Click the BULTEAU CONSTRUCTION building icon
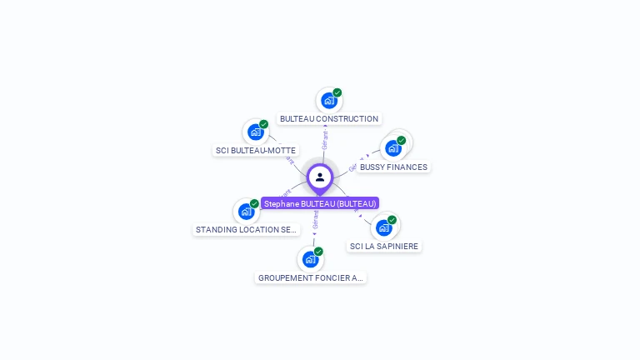(x=329, y=101)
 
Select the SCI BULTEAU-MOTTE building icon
(x=255, y=132)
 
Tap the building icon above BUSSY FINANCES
(x=392, y=148)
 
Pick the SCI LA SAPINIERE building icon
(x=383, y=227)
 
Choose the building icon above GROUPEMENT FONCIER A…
(x=310, y=259)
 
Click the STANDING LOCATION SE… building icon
(x=246, y=211)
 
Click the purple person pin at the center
(x=320, y=177)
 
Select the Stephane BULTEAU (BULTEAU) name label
(x=320, y=203)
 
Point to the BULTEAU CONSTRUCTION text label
(x=329, y=119)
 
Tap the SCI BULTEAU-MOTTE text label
(x=256, y=151)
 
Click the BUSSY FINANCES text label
(x=393, y=167)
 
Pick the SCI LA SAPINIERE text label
(x=384, y=247)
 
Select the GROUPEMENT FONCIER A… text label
(x=311, y=278)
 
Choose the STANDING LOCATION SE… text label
(x=246, y=230)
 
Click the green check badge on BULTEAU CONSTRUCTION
(x=337, y=92)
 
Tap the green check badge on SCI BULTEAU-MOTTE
(x=263, y=124)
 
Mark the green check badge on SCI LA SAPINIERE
(x=392, y=220)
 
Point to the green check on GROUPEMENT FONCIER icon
(x=318, y=252)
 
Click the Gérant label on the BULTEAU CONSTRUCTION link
(x=325, y=139)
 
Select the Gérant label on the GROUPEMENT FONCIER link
(x=315, y=220)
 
